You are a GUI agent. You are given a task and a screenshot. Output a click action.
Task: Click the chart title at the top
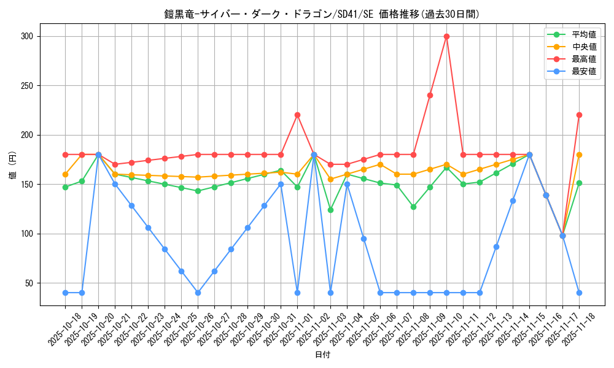pyautogui.click(x=322, y=14)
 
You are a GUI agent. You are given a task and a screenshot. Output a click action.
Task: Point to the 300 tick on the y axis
pyautogui.click(x=26, y=36)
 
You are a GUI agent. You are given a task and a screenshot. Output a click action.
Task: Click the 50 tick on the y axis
pyautogui.click(x=29, y=283)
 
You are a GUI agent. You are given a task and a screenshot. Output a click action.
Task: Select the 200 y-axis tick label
pyautogui.click(x=26, y=135)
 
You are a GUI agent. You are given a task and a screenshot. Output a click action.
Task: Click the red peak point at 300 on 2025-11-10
pyautogui.click(x=446, y=36)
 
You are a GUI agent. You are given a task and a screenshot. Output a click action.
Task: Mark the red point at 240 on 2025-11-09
pyautogui.click(x=430, y=95)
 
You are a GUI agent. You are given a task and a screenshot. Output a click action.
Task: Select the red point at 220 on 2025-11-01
pyautogui.click(x=297, y=115)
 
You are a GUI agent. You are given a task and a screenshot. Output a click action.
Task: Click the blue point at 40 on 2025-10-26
pyautogui.click(x=198, y=293)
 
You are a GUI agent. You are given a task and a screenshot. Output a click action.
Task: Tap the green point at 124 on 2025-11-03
pyautogui.click(x=330, y=210)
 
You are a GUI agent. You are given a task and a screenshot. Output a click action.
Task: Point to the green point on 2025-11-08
pyautogui.click(x=413, y=207)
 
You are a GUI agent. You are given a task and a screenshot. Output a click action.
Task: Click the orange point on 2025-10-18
pyautogui.click(x=65, y=174)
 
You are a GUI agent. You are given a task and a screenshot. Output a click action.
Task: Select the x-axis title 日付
pyautogui.click(x=322, y=355)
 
